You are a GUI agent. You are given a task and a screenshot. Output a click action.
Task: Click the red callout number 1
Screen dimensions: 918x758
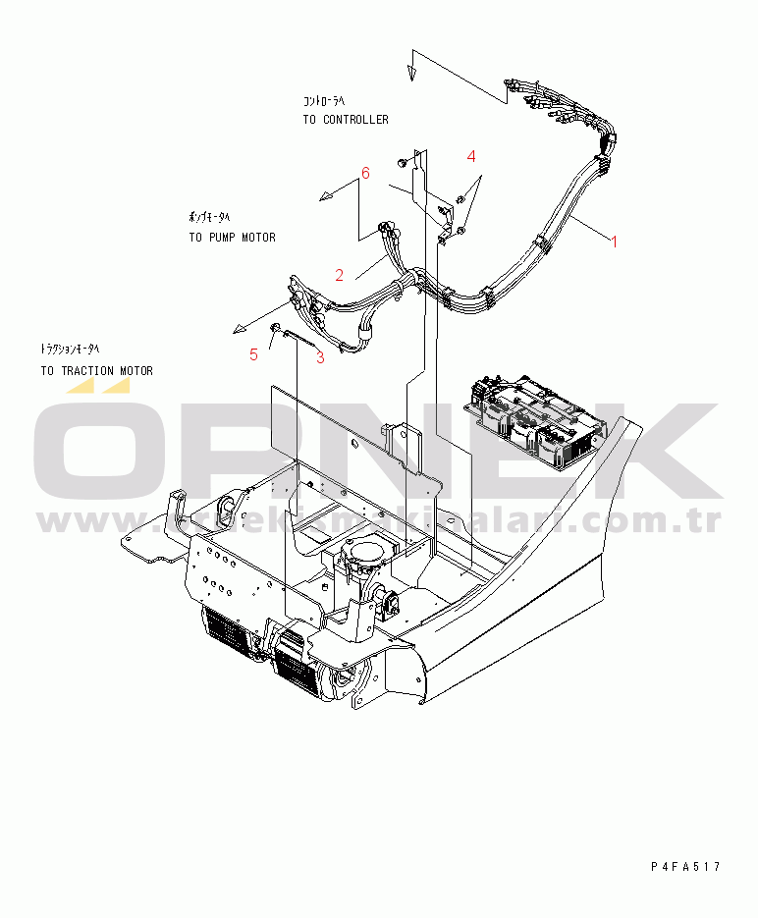[615, 241]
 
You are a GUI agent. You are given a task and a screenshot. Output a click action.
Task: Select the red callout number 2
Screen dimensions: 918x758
[340, 275]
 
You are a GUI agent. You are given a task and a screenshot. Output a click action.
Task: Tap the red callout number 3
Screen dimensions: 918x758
[320, 357]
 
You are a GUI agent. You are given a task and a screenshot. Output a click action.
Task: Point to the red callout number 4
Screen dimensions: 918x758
[471, 156]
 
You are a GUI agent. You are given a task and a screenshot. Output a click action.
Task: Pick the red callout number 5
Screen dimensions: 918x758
[253, 354]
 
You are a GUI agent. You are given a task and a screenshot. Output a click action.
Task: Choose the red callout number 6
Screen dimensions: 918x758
[365, 173]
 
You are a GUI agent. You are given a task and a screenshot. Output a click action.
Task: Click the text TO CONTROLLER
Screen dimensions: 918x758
[346, 120]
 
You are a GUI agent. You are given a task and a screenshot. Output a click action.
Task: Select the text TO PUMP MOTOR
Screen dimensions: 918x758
[232, 238]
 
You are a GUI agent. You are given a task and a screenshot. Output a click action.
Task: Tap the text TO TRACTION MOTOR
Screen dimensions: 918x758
[96, 371]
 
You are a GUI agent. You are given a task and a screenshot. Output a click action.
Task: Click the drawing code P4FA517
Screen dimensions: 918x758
[685, 866]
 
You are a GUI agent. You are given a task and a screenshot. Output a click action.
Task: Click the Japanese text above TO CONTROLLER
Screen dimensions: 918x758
[323, 101]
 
